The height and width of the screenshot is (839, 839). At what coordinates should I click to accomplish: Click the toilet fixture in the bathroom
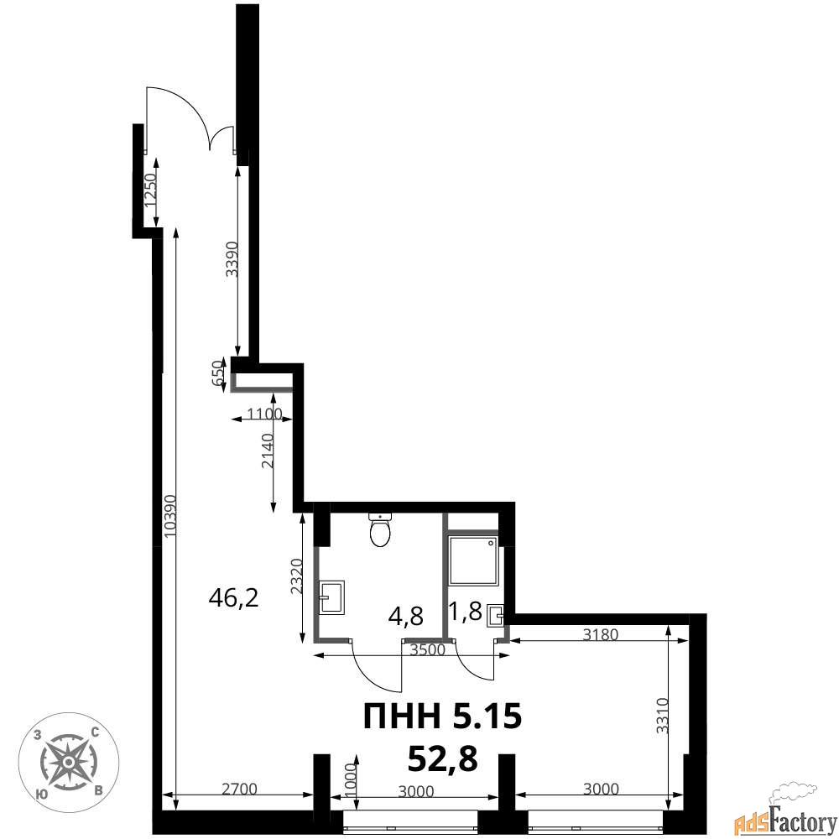380,529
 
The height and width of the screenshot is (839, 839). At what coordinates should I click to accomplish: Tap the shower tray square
473,560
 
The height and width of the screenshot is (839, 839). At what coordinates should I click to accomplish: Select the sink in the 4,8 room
331,597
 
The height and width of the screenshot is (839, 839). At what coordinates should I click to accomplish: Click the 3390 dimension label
232,259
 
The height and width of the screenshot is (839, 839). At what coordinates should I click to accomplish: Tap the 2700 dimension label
239,789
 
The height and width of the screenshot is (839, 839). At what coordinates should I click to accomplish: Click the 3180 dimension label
601,634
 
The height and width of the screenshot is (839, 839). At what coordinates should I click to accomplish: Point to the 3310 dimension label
663,716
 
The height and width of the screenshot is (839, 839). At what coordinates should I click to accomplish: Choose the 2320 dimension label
298,577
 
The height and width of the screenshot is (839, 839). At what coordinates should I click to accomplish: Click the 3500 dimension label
428,649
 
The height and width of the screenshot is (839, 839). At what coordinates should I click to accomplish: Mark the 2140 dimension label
268,451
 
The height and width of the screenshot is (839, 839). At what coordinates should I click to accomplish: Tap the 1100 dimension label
264,414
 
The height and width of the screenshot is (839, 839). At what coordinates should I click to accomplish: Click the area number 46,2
234,597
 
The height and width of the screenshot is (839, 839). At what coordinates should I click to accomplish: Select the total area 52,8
442,758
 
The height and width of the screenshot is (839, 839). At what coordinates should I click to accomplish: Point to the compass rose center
69,762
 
